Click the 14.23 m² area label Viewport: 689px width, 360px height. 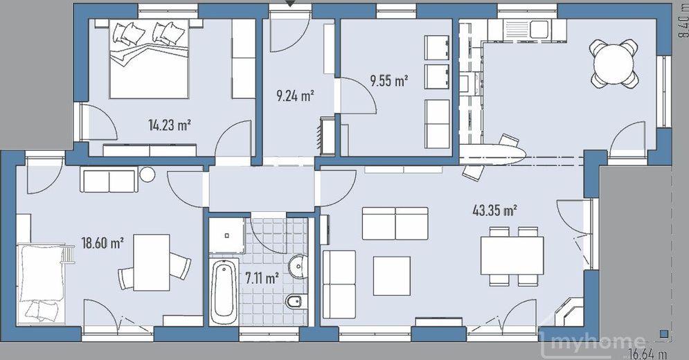point(170,125)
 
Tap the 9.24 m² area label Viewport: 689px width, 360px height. point(295,96)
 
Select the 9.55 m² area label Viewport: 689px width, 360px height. point(389,81)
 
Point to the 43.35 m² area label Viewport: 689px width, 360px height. point(494,210)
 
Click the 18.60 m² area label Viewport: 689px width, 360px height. point(102,242)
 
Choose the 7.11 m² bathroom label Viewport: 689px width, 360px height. point(262,278)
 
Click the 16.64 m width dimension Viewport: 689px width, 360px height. point(647,353)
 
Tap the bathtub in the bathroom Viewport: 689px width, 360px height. point(224,292)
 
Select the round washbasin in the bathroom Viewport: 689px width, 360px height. point(299,266)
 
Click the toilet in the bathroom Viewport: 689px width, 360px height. point(294,303)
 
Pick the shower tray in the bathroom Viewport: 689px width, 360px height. point(226,235)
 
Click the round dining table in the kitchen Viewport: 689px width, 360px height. point(614,63)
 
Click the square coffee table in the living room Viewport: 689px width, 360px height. point(392,276)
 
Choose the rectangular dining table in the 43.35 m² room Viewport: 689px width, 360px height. point(512,255)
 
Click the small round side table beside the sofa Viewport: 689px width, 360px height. point(147,174)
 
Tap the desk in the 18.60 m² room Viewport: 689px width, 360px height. point(152,262)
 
